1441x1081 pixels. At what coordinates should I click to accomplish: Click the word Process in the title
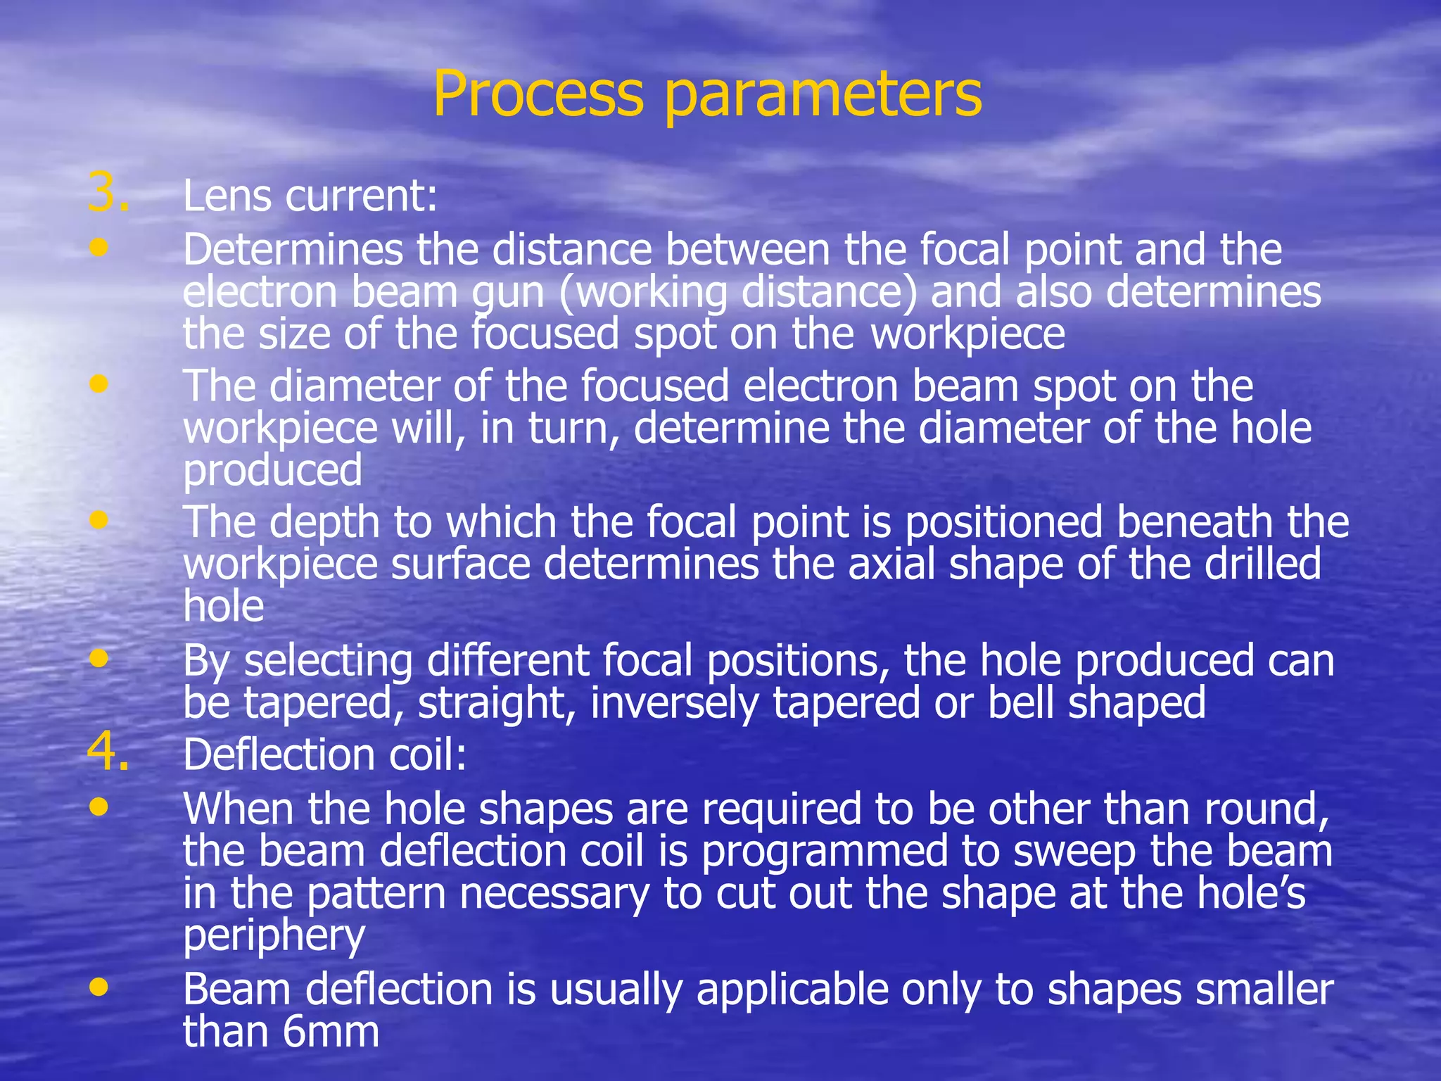click(x=538, y=94)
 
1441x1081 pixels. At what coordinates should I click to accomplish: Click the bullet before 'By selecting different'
click(x=99, y=658)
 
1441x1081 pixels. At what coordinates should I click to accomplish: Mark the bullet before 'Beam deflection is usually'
click(x=99, y=987)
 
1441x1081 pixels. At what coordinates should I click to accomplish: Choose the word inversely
click(x=674, y=703)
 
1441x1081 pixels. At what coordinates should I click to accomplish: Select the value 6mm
click(x=331, y=1032)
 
